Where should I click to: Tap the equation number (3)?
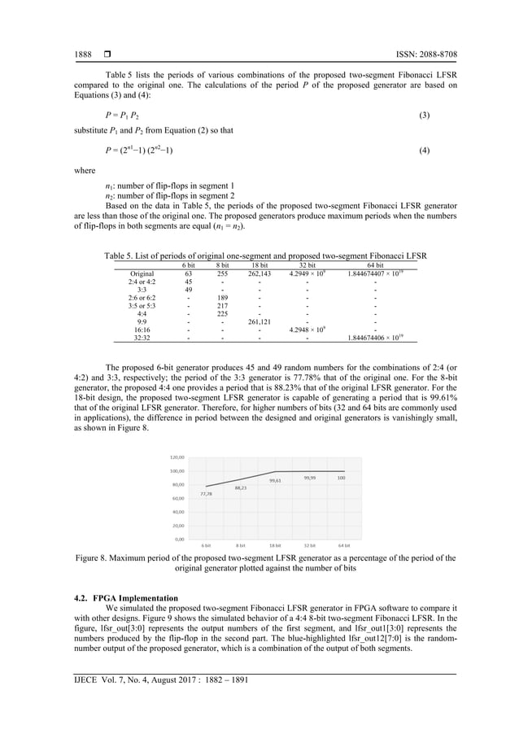pyautogui.click(x=423, y=116)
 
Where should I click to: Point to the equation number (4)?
pyautogui.click(x=423, y=151)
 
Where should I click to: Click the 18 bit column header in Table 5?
pyautogui.click(x=259, y=264)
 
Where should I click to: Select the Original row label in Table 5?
pyautogui.click(x=142, y=273)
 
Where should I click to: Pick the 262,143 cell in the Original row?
pyautogui.click(x=259, y=273)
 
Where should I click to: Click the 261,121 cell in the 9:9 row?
pyautogui.click(x=259, y=321)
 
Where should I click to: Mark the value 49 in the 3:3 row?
pyautogui.click(x=188, y=290)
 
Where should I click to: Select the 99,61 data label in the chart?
pyautogui.click(x=275, y=481)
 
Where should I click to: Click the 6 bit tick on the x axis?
pyautogui.click(x=207, y=545)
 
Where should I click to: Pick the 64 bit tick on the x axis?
pyautogui.click(x=342, y=545)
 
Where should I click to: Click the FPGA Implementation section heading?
pyautogui.click(x=130, y=598)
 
